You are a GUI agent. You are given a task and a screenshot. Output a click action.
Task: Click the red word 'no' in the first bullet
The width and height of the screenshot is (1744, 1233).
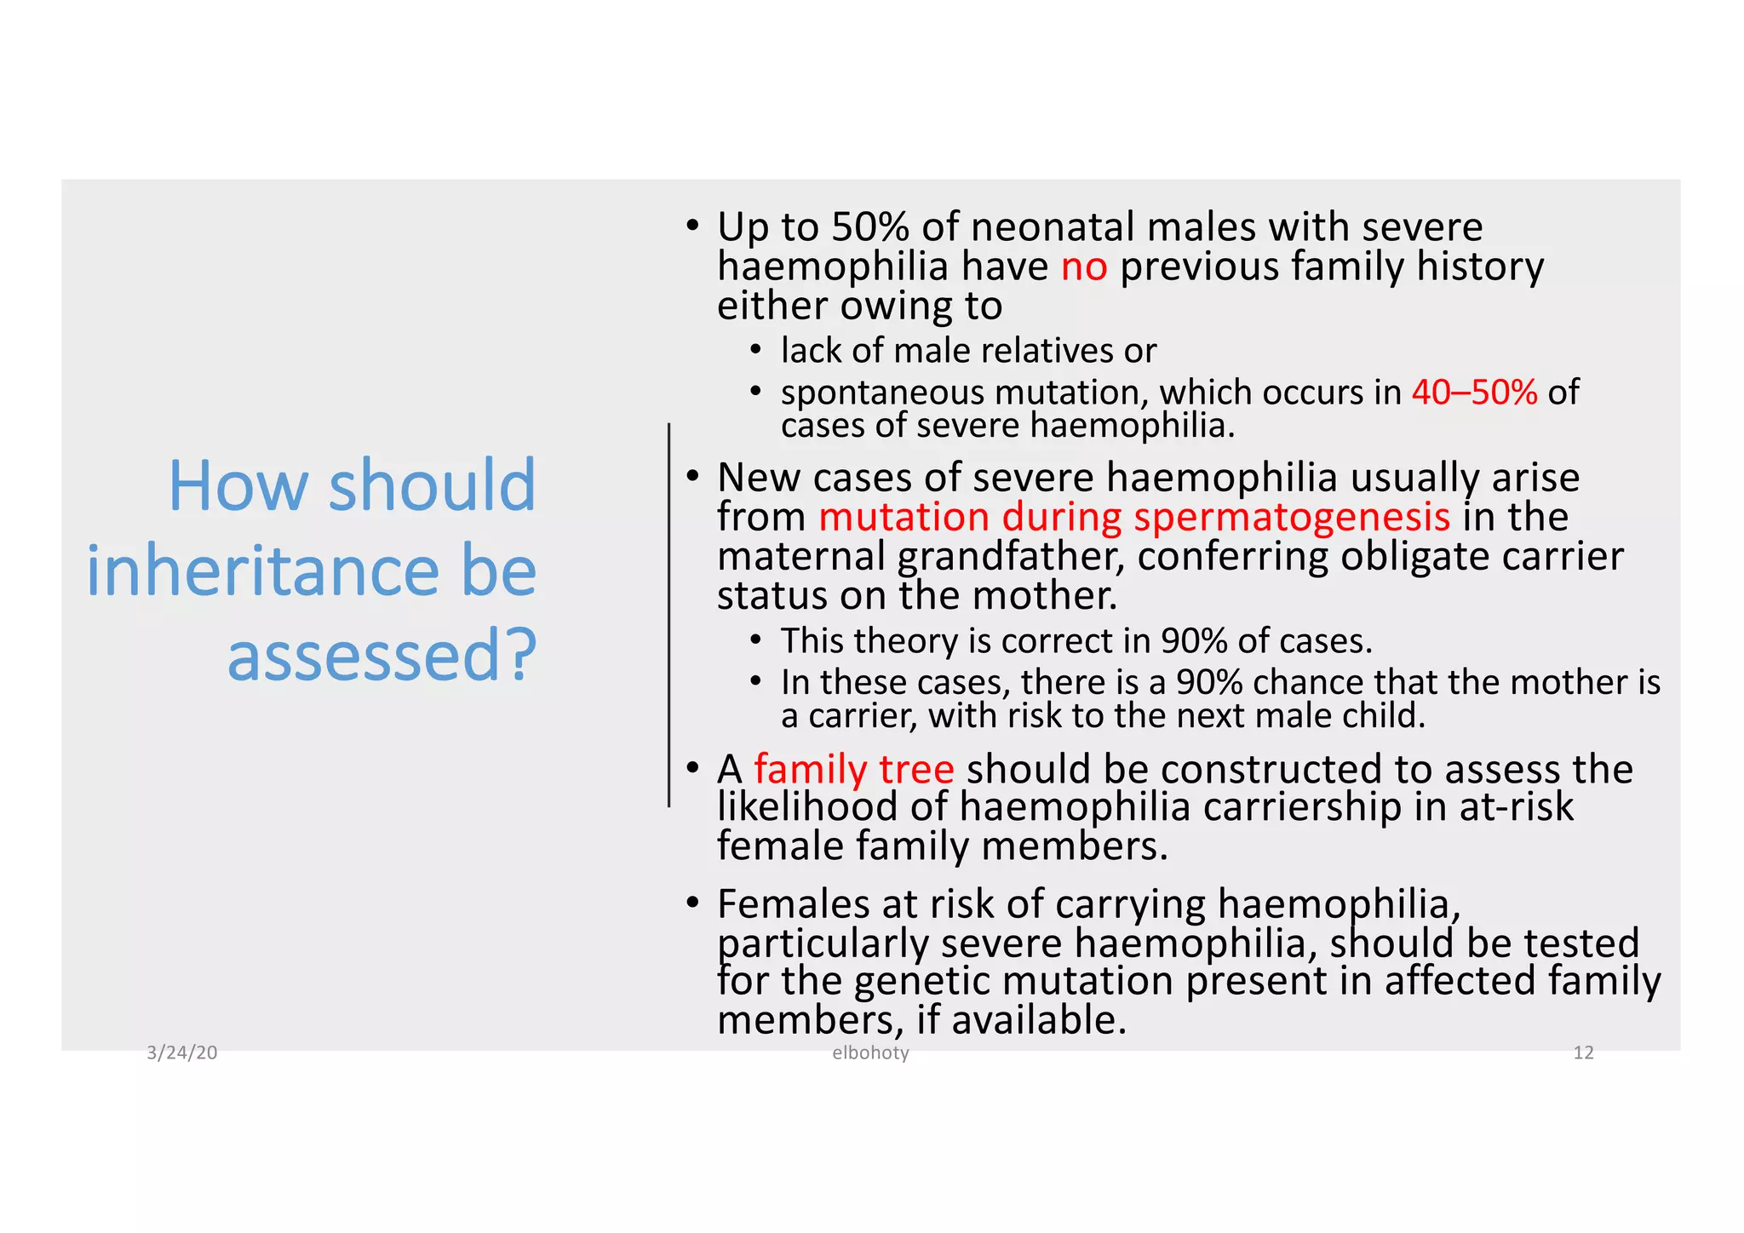click(1083, 268)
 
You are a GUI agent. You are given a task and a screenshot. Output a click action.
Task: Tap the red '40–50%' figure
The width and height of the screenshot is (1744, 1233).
click(1474, 393)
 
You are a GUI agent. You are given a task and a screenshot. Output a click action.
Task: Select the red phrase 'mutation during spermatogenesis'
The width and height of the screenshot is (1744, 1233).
click(1133, 518)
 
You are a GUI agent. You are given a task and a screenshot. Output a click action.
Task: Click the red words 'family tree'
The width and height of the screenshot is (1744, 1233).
click(853, 770)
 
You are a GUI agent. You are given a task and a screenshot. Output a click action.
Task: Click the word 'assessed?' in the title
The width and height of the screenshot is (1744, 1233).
click(381, 656)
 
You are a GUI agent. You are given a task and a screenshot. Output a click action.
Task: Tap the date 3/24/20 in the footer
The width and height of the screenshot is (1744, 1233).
click(182, 1053)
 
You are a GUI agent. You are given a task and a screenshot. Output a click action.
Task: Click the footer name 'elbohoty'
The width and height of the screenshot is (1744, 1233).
click(870, 1053)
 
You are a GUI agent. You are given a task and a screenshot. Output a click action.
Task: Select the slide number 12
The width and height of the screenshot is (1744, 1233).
click(1582, 1053)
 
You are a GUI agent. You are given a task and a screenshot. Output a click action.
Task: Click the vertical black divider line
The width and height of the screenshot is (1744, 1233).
click(669, 613)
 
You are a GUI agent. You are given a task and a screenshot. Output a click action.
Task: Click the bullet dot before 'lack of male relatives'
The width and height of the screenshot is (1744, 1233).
click(754, 350)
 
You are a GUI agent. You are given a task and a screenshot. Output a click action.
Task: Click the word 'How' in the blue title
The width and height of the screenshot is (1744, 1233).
click(238, 485)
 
